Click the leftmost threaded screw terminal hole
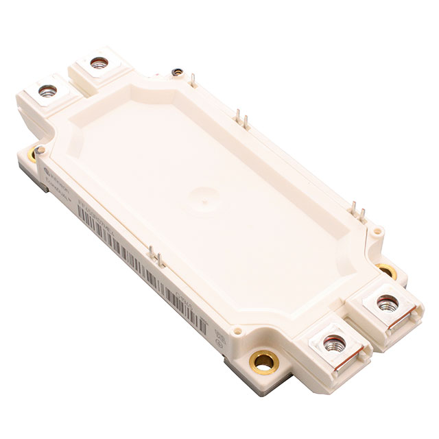47,90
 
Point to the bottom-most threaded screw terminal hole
334,340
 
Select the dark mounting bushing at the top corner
177,71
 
